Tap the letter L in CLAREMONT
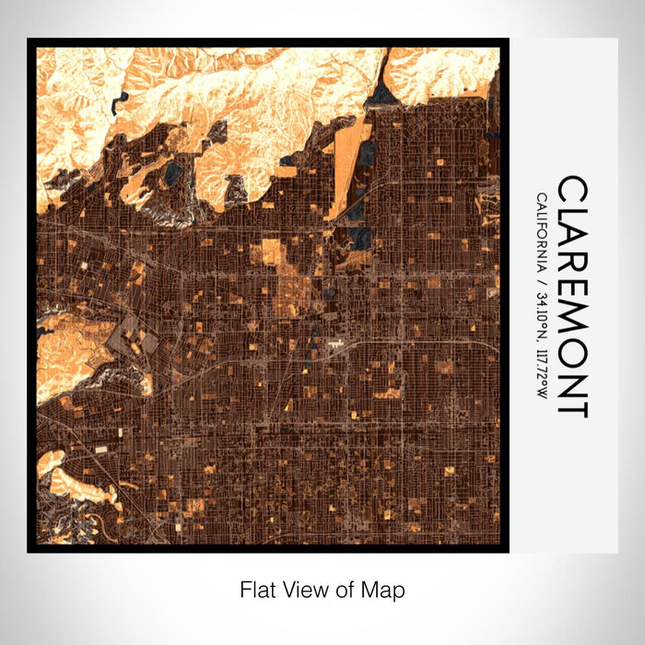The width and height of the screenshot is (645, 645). tap(572, 216)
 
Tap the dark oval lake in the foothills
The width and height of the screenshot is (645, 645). tap(172, 172)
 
